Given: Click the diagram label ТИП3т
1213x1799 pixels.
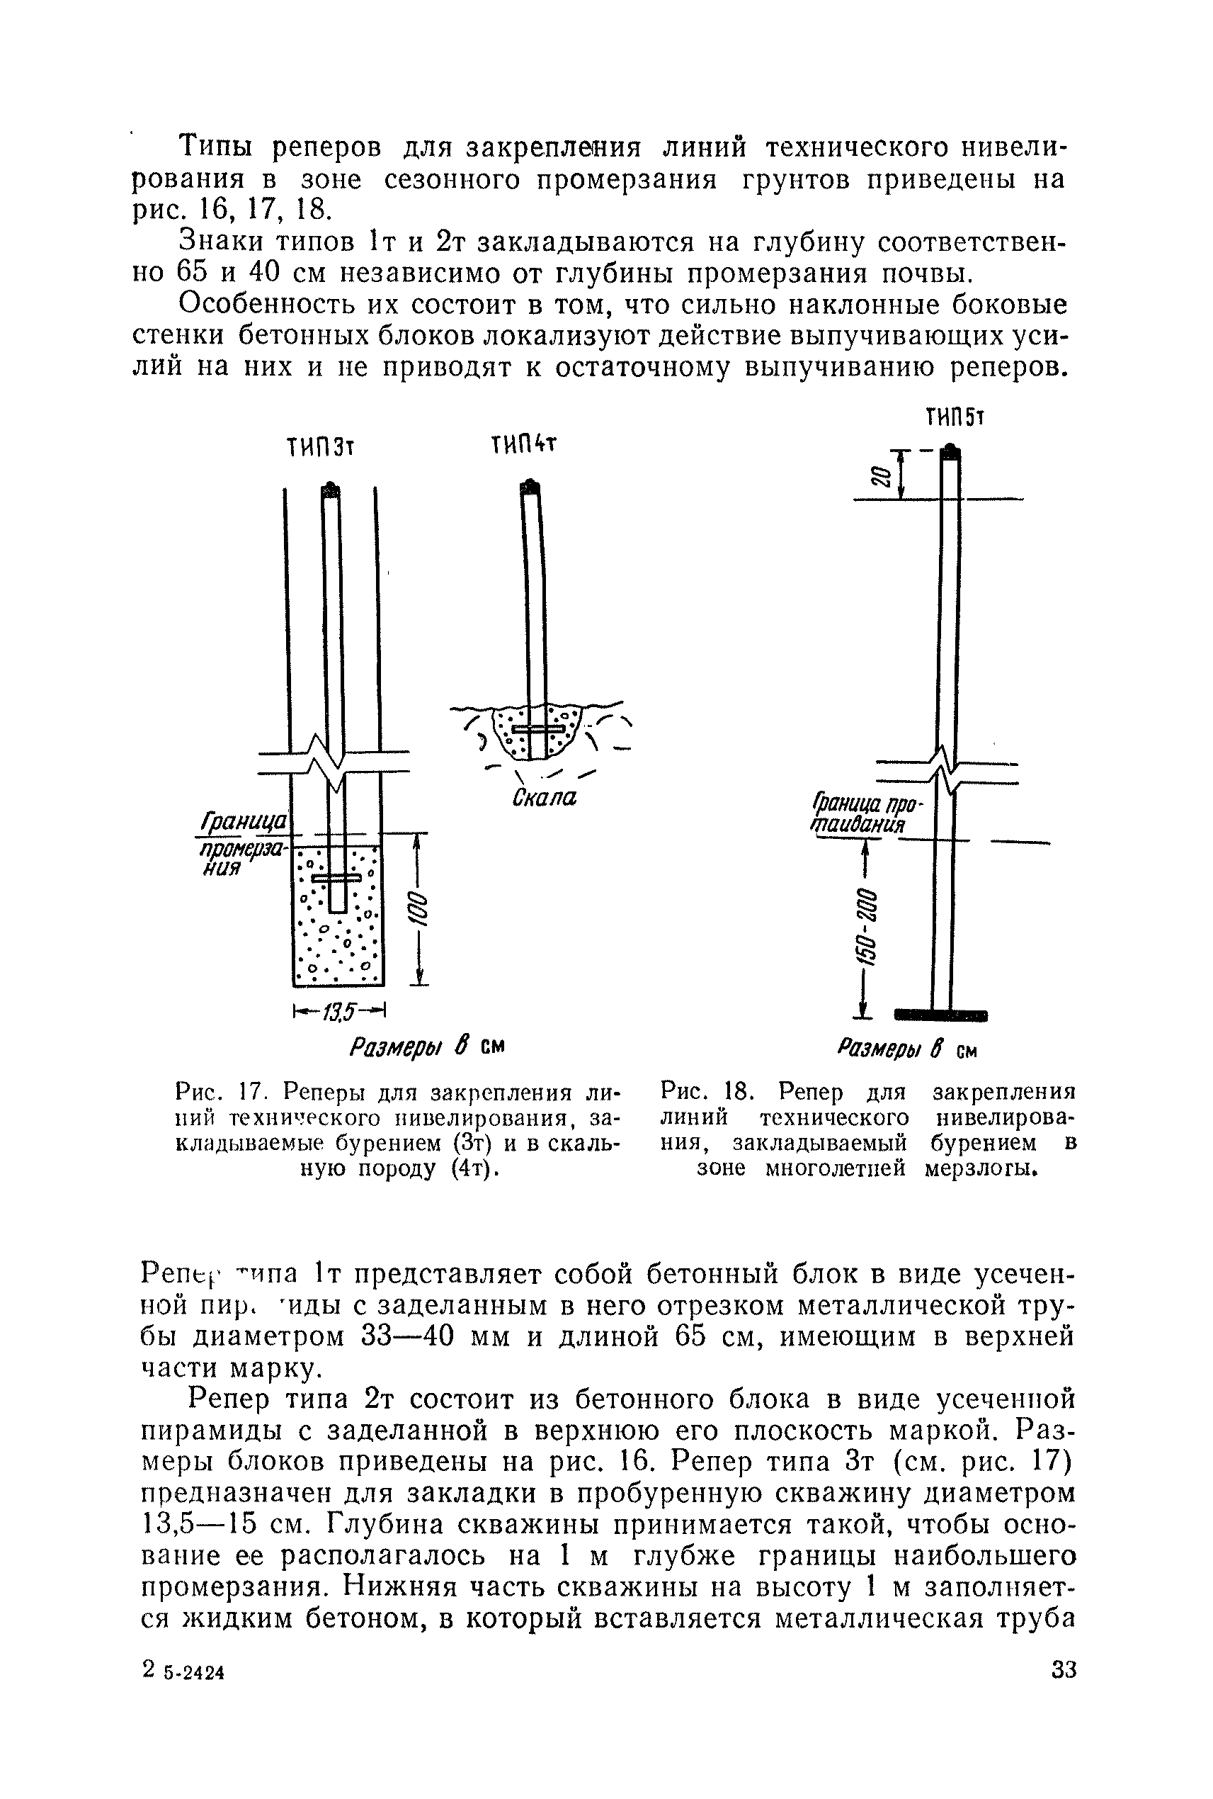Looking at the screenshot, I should tap(319, 447).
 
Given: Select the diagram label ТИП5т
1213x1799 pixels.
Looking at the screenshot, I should tap(953, 419).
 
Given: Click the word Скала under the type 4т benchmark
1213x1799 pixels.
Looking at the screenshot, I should tap(545, 797).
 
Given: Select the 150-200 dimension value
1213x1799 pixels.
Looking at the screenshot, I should tap(867, 930).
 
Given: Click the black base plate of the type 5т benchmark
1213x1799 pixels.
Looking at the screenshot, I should tap(940, 1015).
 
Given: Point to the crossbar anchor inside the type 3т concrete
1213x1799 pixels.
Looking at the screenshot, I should tap(337, 879).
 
